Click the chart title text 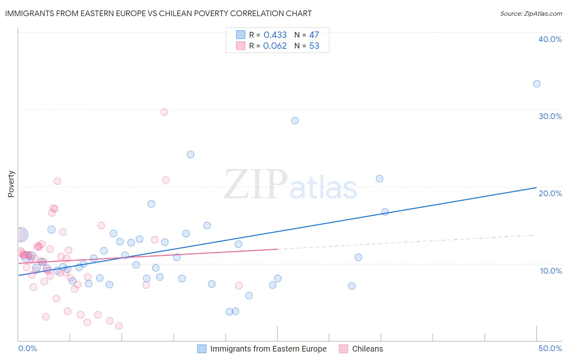[x=158, y=13]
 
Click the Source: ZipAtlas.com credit [x=531, y=13]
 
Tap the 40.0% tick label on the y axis [x=550, y=39]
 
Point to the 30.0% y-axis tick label [x=550, y=116]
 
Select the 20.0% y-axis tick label [x=550, y=193]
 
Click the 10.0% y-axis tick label [x=550, y=271]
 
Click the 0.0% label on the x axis [x=27, y=348]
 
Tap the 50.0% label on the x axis [x=550, y=348]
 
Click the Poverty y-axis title [x=11, y=184]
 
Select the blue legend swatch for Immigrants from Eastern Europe [x=202, y=349]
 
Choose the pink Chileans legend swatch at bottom [x=344, y=349]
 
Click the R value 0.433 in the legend [x=275, y=35]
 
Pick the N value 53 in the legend [x=314, y=46]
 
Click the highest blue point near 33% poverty [x=537, y=84]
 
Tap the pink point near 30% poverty [x=164, y=112]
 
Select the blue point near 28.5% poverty [x=295, y=121]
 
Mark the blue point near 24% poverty [x=190, y=155]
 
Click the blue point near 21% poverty [x=379, y=179]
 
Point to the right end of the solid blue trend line [x=536, y=188]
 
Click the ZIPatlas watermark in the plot [x=290, y=185]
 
